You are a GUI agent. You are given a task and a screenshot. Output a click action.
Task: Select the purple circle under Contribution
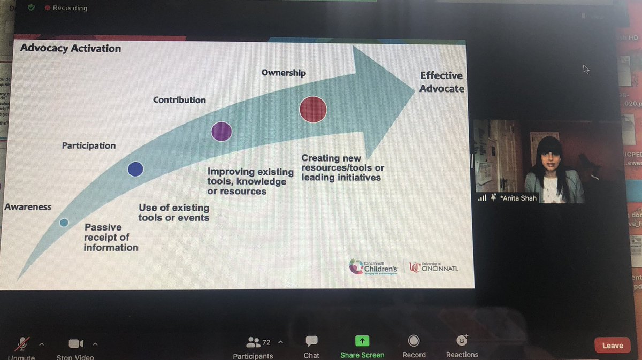coord(221,131)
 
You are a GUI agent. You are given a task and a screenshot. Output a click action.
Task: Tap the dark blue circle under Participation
coord(135,169)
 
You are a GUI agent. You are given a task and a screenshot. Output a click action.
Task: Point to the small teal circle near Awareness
coord(64,223)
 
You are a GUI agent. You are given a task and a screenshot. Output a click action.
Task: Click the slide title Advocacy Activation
coord(71,48)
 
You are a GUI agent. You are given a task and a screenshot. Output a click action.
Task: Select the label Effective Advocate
coord(441,82)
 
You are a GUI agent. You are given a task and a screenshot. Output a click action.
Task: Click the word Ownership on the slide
coord(284,73)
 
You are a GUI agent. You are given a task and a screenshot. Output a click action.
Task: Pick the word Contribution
coord(179,100)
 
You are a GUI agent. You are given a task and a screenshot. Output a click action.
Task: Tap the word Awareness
coord(28,207)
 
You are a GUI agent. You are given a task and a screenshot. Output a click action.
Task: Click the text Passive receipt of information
coord(111,237)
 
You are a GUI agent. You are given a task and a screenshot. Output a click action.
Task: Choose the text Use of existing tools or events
coord(174,212)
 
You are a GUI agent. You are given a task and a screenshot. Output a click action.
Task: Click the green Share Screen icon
coord(362,341)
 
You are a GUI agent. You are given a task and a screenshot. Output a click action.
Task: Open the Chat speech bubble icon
coord(311,341)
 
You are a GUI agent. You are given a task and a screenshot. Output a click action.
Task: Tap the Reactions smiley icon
coord(462,340)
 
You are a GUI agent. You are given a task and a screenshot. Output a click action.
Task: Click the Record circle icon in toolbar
coord(414,341)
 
